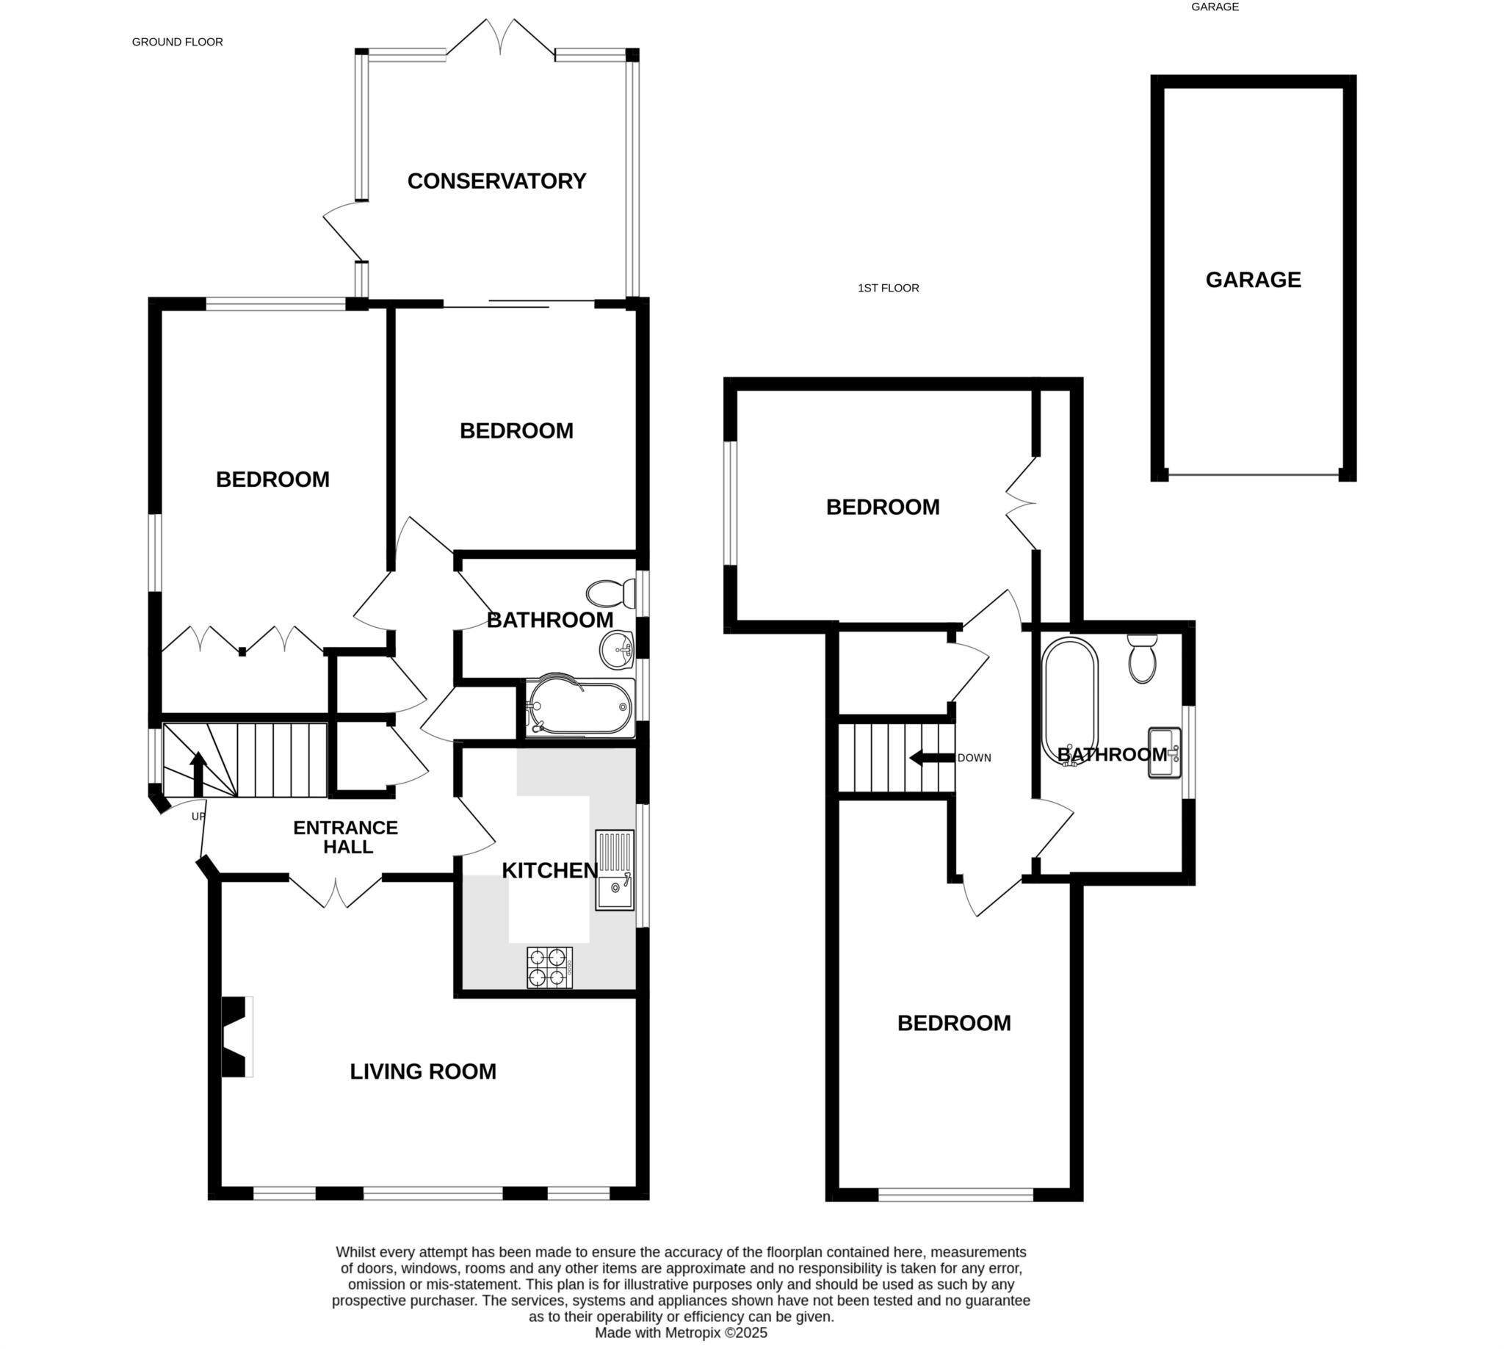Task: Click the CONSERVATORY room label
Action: click(496, 181)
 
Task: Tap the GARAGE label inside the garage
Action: click(1253, 280)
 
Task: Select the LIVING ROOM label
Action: click(422, 1071)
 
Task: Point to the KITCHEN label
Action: click(549, 870)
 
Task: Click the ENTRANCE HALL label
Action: click(345, 837)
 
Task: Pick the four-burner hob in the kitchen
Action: click(550, 967)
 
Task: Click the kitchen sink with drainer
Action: click(615, 869)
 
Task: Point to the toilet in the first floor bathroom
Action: click(1142, 658)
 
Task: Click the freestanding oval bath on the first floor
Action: click(1071, 701)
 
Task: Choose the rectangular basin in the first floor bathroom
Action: click(1165, 753)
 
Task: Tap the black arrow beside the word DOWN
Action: click(931, 758)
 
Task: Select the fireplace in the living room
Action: click(236, 1036)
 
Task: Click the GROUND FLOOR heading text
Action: click(177, 43)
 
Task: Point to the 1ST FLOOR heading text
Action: click(888, 289)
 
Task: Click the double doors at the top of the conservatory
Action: click(500, 37)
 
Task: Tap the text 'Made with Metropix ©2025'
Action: click(681, 1333)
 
